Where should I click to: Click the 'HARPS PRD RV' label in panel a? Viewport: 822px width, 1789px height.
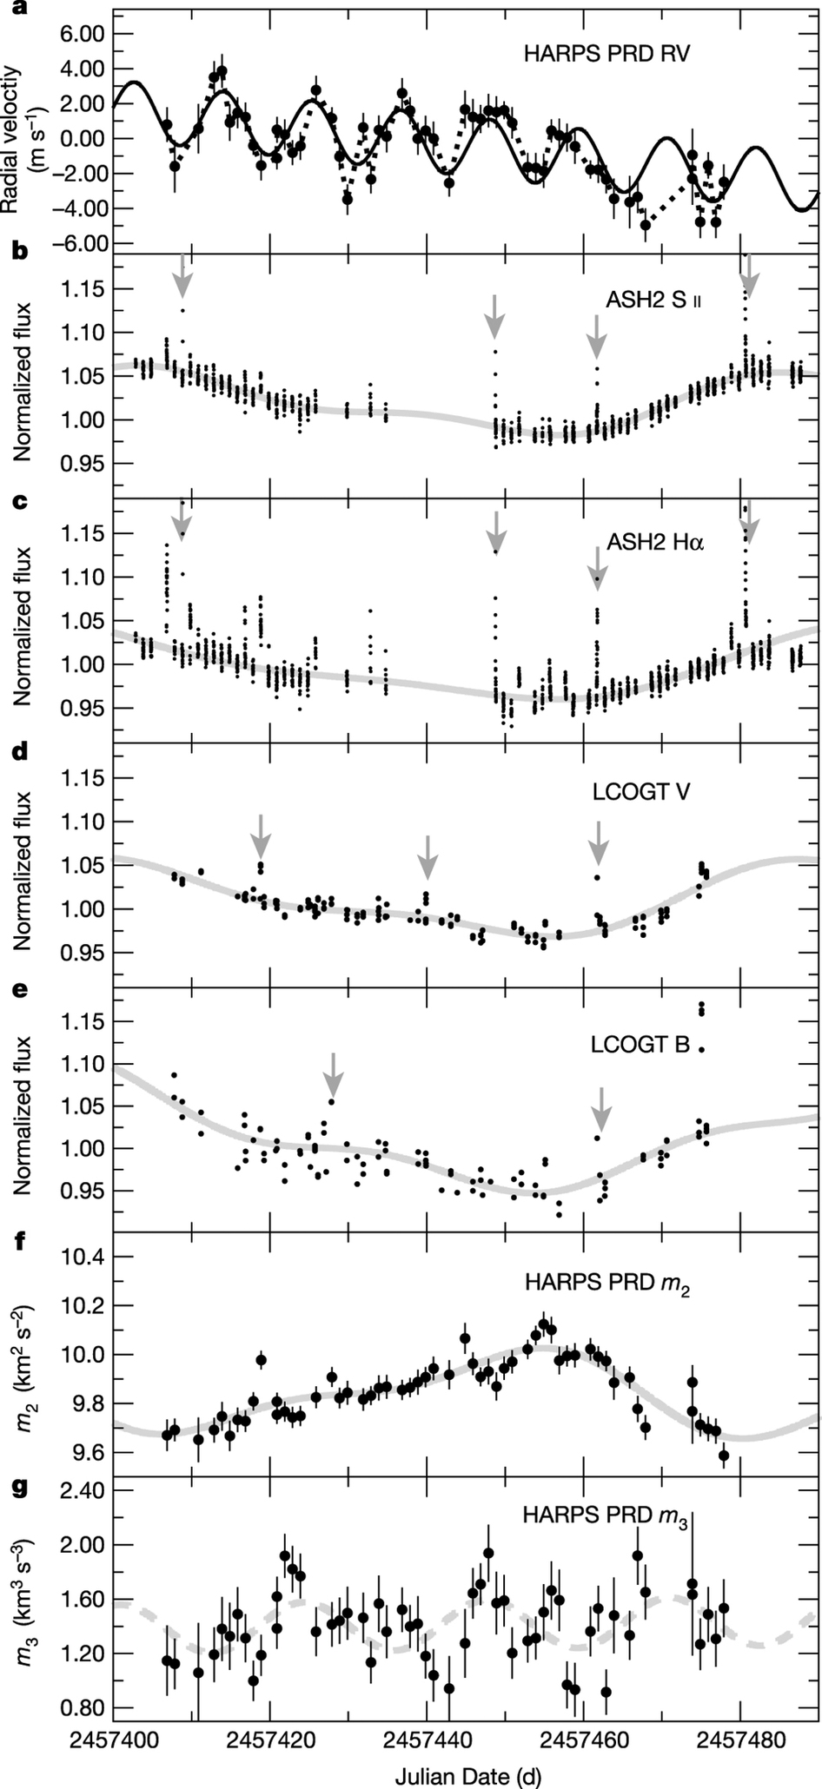[607, 54]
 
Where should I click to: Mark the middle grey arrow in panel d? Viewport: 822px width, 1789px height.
[427, 855]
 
